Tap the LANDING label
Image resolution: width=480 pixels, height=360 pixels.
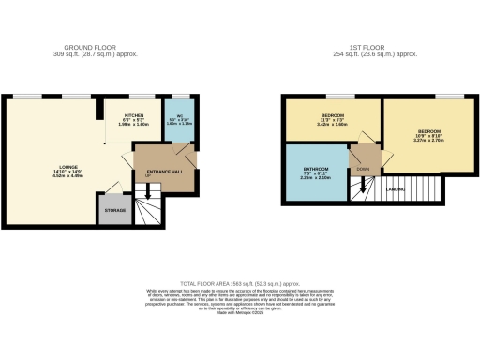[x=397, y=189]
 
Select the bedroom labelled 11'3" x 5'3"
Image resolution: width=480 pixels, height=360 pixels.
[x=332, y=119]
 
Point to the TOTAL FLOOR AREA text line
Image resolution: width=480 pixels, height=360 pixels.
[x=239, y=283]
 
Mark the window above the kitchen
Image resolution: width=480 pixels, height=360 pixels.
[x=141, y=96]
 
